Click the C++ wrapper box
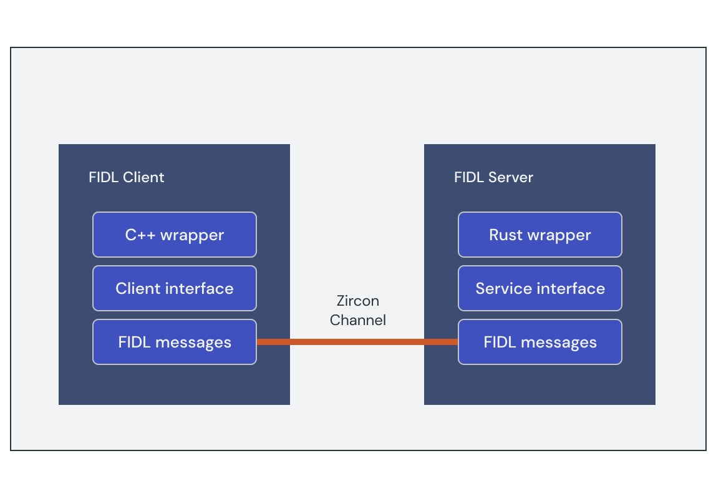(x=174, y=235)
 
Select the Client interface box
(x=174, y=288)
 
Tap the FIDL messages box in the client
(x=174, y=342)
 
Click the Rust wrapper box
(x=539, y=235)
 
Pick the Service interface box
(x=539, y=288)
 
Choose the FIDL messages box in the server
(x=539, y=342)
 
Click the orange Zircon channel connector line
(x=357, y=342)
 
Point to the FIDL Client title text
(x=126, y=177)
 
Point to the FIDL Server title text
(x=493, y=177)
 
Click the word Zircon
(x=357, y=301)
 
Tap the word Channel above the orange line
(x=357, y=320)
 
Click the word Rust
(x=505, y=235)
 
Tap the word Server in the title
(x=510, y=177)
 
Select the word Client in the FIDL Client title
(x=143, y=177)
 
